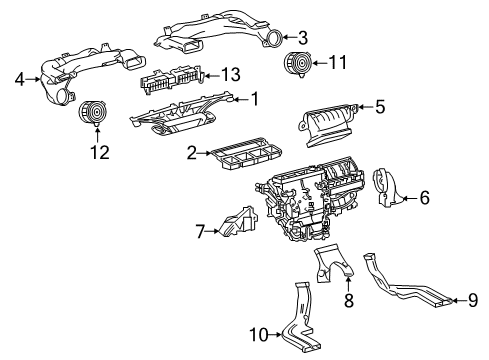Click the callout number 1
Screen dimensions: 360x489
(255, 98)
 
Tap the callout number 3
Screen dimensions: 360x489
(303, 38)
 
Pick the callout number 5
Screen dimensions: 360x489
(379, 105)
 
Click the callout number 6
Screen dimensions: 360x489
(424, 198)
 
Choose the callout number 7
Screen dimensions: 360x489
(200, 233)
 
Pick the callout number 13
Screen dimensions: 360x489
(231, 73)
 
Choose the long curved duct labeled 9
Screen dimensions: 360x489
(400, 289)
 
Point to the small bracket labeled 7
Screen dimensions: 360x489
(234, 226)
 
